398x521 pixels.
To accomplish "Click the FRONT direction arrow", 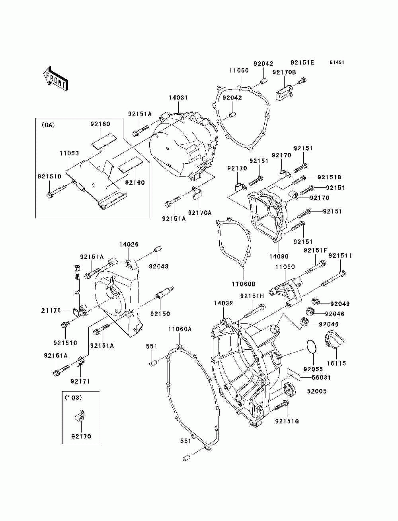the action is (x=56, y=78).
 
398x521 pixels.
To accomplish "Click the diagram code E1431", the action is (x=337, y=63).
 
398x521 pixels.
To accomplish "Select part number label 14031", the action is (x=178, y=98).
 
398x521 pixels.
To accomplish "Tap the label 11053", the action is (x=69, y=153).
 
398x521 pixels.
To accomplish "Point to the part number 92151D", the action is (x=49, y=176).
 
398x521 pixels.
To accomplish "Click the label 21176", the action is (x=51, y=310).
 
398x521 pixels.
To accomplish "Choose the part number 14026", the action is (x=129, y=244).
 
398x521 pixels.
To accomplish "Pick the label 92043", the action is (x=159, y=266).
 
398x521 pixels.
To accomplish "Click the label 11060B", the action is (x=244, y=284).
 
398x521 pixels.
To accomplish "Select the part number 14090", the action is (x=279, y=257).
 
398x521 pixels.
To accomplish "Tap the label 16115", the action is (x=336, y=363).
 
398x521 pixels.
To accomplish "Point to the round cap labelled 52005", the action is (x=290, y=389).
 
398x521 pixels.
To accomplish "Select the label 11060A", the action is (x=180, y=329).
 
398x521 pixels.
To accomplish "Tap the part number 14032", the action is (x=223, y=303).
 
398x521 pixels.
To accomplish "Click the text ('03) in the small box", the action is (x=73, y=398).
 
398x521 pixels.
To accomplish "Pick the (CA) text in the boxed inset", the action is (x=48, y=125).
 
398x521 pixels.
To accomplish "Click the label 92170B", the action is (x=284, y=72).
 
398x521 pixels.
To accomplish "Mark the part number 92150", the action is (x=160, y=314).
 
